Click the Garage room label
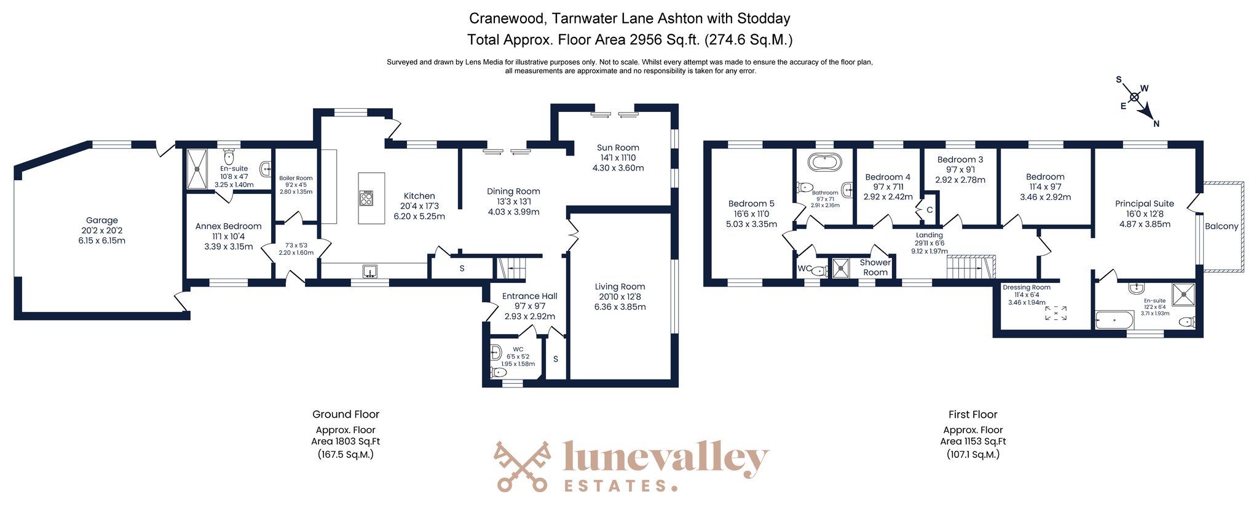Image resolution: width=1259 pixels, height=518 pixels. click(102, 220)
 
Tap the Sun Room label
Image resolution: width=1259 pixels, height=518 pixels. click(618, 148)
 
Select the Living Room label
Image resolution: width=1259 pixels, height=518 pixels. click(620, 287)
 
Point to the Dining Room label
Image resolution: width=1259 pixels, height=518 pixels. click(513, 191)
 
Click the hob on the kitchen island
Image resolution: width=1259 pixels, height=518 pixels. click(366, 198)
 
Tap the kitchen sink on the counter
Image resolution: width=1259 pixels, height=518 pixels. click(370, 271)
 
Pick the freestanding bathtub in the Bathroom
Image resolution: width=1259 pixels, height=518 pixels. click(824, 162)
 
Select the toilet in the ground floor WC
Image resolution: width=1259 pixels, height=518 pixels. click(498, 372)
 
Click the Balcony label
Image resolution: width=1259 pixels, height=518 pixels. click(1221, 226)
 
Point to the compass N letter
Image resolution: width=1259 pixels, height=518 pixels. click(1156, 124)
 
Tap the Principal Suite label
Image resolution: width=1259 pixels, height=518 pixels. click(1145, 204)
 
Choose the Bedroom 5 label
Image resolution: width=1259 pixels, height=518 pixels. click(751, 204)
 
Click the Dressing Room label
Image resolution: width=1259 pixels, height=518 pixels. click(1027, 287)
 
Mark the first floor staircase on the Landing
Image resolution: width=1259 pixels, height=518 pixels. click(970, 267)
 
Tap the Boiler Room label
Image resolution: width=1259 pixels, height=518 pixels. click(296, 178)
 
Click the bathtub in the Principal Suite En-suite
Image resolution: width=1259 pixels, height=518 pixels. click(1115, 321)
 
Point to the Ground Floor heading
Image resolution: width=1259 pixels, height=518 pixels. click(345, 415)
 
